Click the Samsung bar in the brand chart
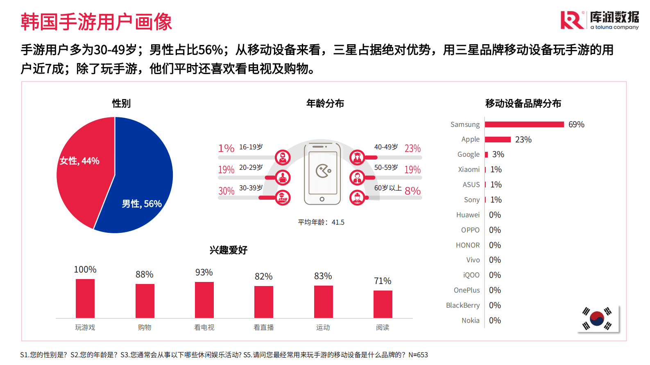pos(524,124)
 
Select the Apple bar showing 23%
pos(498,140)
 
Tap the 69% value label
pos(576,124)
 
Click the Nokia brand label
pos(470,320)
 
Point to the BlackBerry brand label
pos(463,305)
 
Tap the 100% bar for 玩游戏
pos(85,298)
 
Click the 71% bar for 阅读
pos(383,304)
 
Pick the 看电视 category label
pos(204,327)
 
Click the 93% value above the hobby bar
pos(204,273)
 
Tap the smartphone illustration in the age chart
pos(322,174)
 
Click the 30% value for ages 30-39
pos(226,191)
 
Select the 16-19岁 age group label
pos(251,147)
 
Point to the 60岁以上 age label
pos(388,188)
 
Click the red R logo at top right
pos(572,20)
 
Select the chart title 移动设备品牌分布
pos(523,103)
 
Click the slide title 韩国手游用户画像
pos(96,22)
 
